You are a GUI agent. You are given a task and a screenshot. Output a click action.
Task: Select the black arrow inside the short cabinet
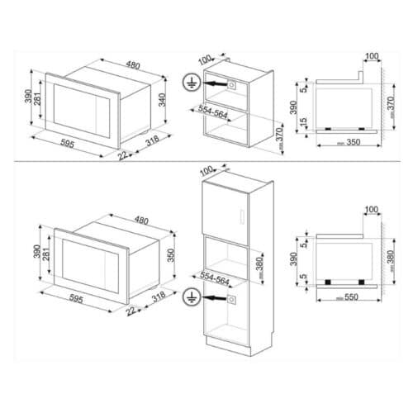pyautogui.click(x=213, y=83)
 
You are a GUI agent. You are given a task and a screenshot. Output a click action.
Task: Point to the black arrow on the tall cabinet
pyautogui.click(x=216, y=282)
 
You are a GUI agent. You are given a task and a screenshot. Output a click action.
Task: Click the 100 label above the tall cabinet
pyautogui.click(x=206, y=170)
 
